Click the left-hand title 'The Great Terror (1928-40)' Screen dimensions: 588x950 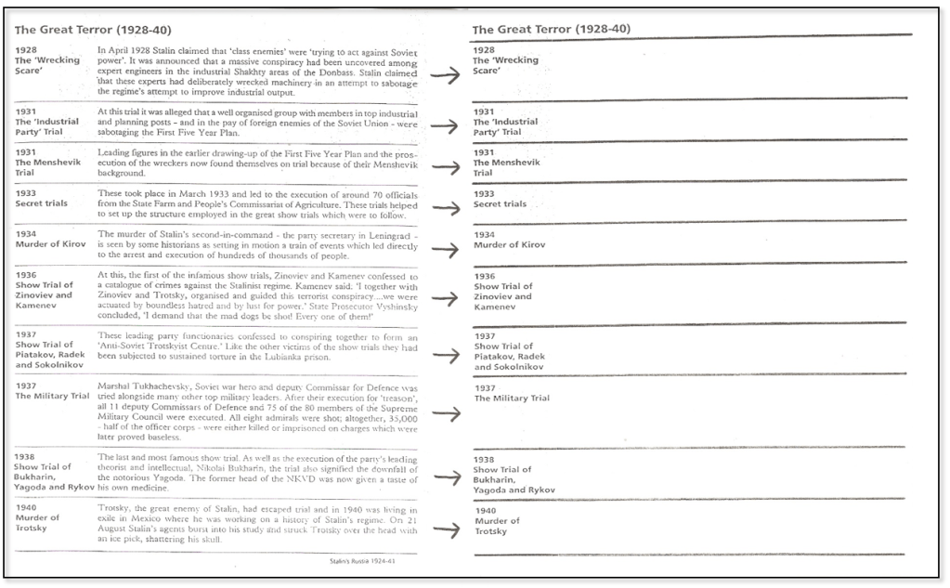[x=93, y=31]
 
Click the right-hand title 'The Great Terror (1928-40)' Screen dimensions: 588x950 [x=551, y=29]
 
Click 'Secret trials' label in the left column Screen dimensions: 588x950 [x=42, y=203]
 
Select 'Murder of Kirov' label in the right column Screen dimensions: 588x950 [x=510, y=245]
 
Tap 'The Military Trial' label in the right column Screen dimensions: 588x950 [x=512, y=399]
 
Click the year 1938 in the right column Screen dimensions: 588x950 [x=484, y=459]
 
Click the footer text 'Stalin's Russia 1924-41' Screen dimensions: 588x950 [x=364, y=561]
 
